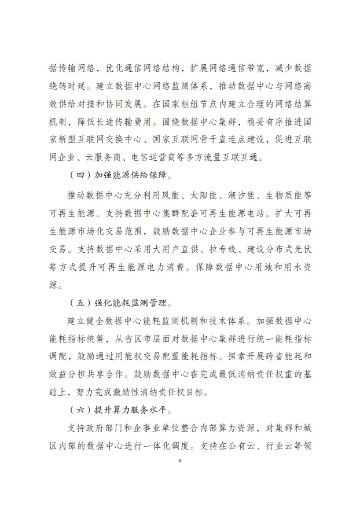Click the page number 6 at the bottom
[x=180, y=461]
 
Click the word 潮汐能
[x=247, y=194]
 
